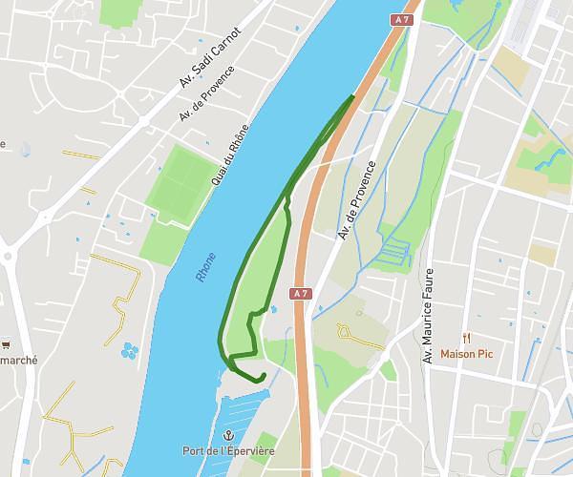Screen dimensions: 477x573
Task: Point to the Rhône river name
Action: pyautogui.click(x=205, y=266)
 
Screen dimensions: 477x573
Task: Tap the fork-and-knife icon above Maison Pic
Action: pyautogui.click(x=467, y=338)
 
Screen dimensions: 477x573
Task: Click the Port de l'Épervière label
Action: pyautogui.click(x=228, y=451)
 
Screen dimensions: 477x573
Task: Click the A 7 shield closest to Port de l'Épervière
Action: pyautogui.click(x=302, y=293)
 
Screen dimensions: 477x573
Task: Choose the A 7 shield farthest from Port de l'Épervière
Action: pyautogui.click(x=401, y=19)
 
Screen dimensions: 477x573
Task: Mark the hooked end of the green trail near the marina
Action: pyautogui.click(x=261, y=378)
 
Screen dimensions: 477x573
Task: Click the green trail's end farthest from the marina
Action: pyautogui.click(x=353, y=96)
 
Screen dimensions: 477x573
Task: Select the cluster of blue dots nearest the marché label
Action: pyautogui.click(x=129, y=350)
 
